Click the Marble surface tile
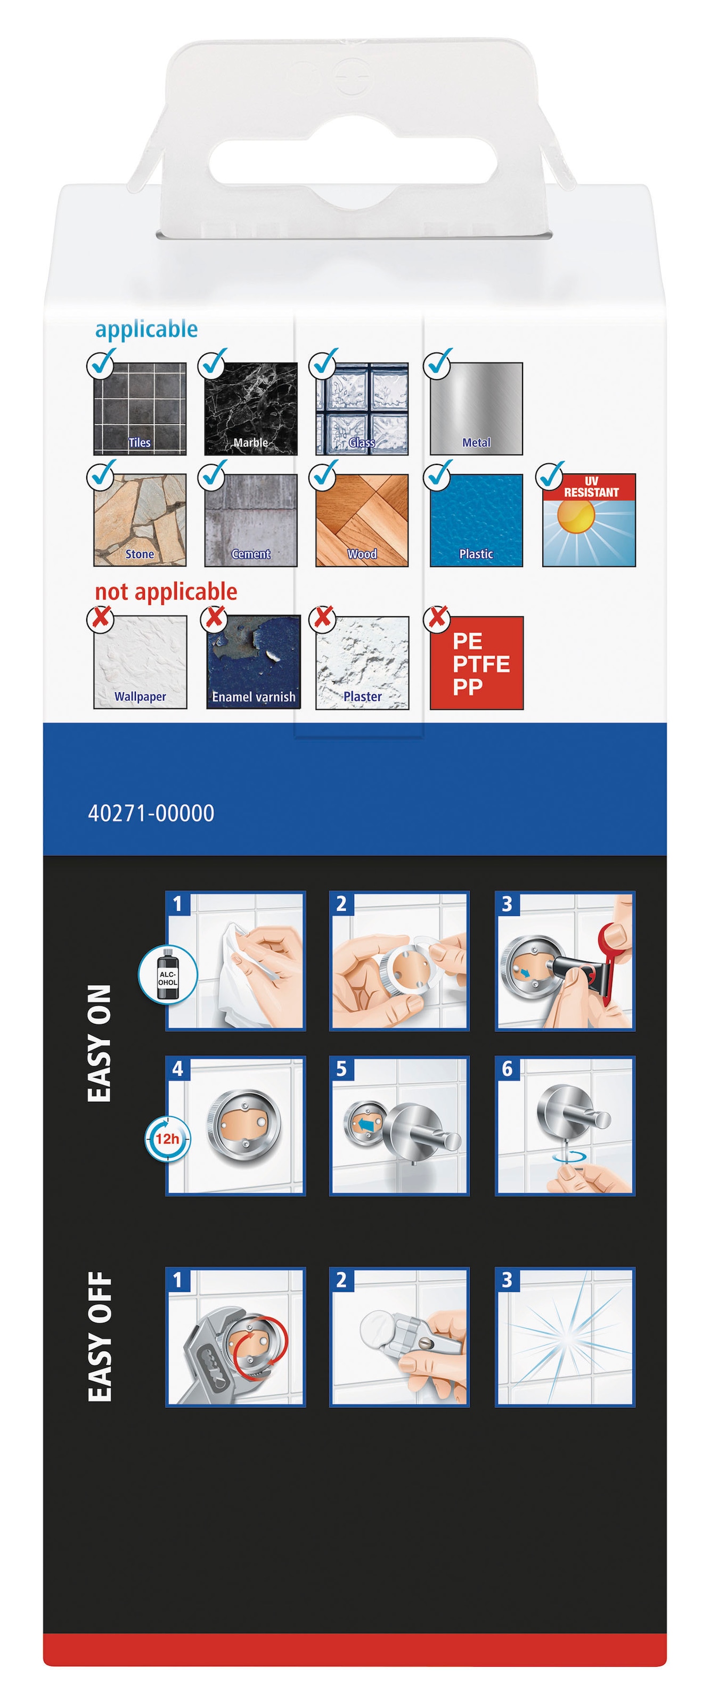[x=251, y=409]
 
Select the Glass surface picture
[x=362, y=409]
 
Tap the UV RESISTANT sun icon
[x=589, y=520]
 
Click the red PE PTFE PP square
[x=476, y=663]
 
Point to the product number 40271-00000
[x=151, y=813]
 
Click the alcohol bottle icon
[x=167, y=974]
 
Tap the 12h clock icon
[x=167, y=1138]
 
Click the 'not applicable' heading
[x=166, y=592]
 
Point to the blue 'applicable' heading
[x=146, y=329]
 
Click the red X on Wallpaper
[x=101, y=618]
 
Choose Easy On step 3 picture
[x=565, y=961]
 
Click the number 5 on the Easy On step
[x=341, y=1069]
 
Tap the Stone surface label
[x=140, y=554]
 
